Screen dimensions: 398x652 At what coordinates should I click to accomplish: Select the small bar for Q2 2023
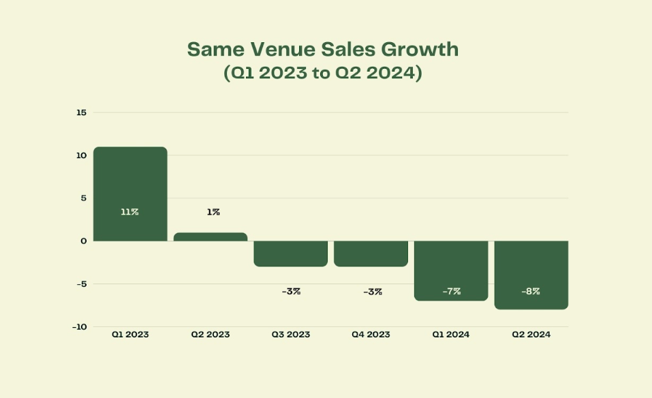(x=211, y=236)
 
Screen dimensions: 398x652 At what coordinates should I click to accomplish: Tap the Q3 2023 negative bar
(x=291, y=254)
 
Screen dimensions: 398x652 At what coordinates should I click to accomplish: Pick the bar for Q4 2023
(x=371, y=254)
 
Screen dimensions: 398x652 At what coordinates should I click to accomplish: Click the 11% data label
(x=130, y=212)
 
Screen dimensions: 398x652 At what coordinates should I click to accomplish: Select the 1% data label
(x=213, y=212)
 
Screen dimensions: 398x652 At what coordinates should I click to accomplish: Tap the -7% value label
(x=451, y=291)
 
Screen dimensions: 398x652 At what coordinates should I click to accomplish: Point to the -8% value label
(x=531, y=291)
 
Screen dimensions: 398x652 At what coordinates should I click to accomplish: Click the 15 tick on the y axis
(x=81, y=112)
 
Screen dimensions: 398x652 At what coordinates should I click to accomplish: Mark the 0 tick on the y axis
(x=83, y=241)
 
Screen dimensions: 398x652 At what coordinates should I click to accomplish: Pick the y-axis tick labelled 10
(x=81, y=155)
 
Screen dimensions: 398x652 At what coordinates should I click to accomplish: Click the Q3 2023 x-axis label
(x=291, y=335)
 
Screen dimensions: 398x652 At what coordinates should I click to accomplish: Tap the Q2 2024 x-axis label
(x=531, y=335)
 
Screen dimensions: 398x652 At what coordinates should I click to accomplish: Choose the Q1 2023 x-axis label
(x=130, y=335)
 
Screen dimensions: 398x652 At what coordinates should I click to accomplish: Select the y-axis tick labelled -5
(x=81, y=284)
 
